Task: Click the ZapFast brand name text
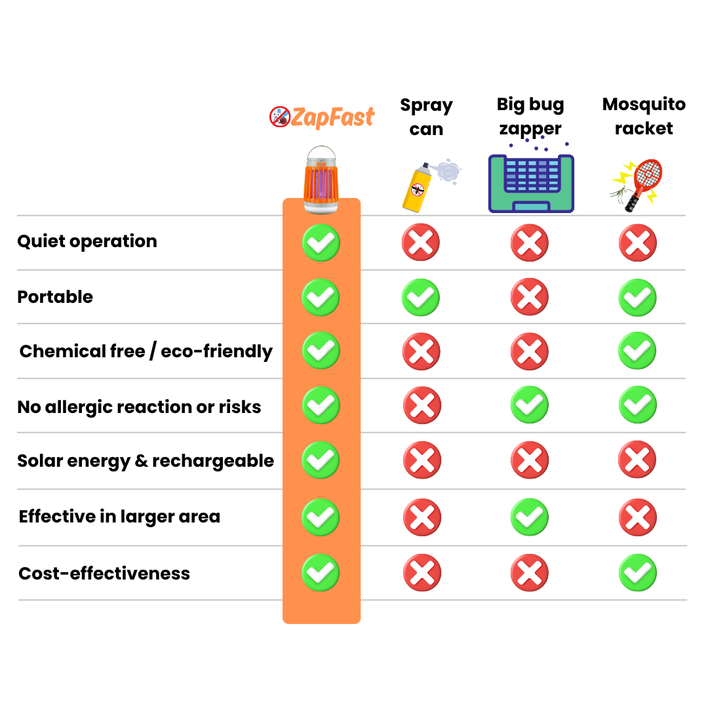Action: pos(332,117)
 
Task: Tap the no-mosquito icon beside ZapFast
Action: pos(279,117)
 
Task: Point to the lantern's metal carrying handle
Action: pos(321,153)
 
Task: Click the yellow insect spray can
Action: pos(416,189)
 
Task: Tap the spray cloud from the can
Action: pos(448,170)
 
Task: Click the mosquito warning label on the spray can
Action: pos(418,190)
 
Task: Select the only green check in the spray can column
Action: pos(420,297)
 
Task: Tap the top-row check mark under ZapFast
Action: pos(321,243)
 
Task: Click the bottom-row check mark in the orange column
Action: pos(321,572)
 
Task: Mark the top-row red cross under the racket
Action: pos(637,243)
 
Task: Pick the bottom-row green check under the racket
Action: pos(637,572)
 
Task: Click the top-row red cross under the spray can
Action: pos(420,243)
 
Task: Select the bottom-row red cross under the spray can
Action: pos(422,572)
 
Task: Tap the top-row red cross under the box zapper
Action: pos(529,243)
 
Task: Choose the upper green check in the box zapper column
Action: pos(529,404)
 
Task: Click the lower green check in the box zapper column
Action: pos(529,517)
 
